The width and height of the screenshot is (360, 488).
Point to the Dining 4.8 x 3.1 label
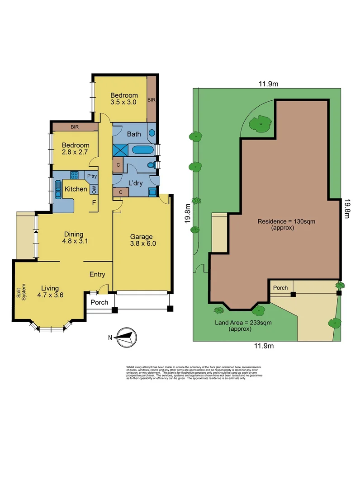click(73, 237)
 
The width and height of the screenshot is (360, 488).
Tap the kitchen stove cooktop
click(75, 176)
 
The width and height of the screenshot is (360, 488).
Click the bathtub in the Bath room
click(143, 150)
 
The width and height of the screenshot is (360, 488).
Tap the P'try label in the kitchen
click(92, 176)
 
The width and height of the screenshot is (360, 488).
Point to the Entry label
click(97, 274)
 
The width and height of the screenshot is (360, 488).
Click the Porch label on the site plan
click(280, 287)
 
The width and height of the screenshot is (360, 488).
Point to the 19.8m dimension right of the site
click(347, 209)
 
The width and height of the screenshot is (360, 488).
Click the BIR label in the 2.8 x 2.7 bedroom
click(74, 127)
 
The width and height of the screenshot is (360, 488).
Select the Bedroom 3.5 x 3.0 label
click(124, 99)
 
